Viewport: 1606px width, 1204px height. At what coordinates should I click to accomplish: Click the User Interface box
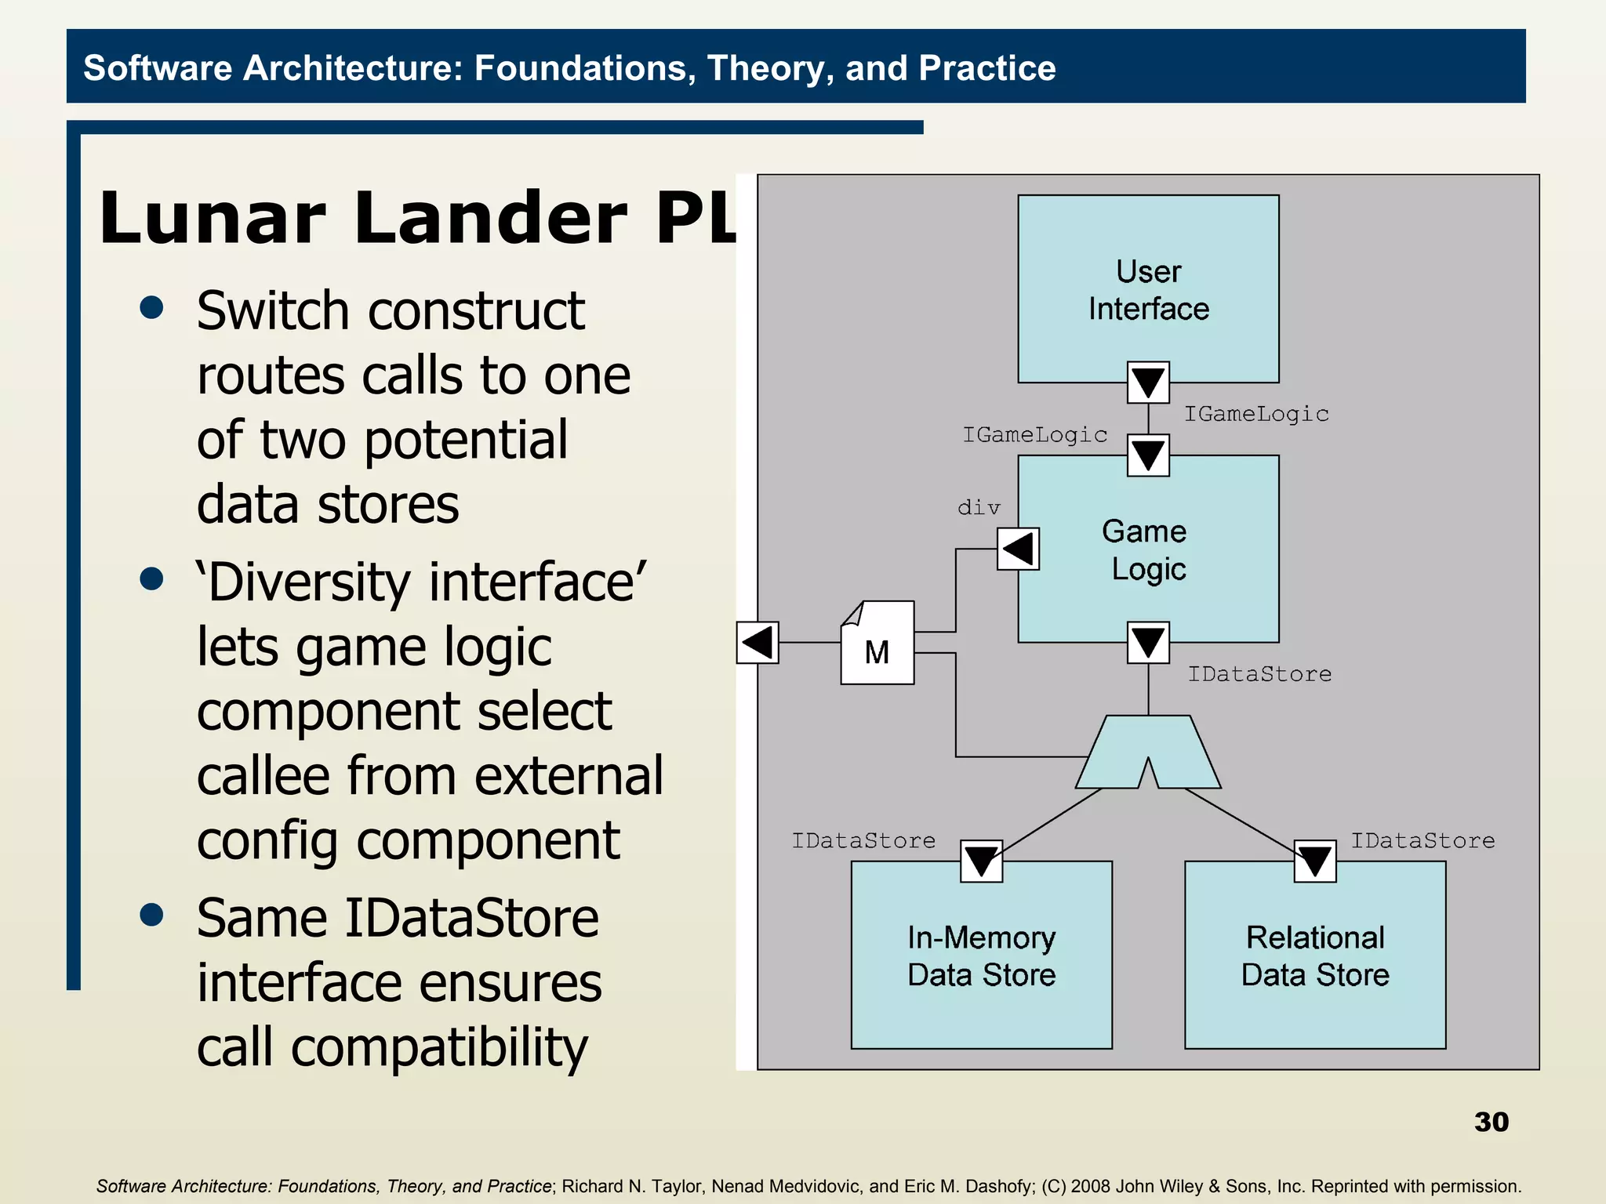tap(1147, 289)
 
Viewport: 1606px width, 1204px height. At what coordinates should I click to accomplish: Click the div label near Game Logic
tap(979, 508)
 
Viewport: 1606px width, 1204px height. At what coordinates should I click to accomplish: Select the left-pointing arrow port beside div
tap(1018, 548)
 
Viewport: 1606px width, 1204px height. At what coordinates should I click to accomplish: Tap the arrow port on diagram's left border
tap(758, 643)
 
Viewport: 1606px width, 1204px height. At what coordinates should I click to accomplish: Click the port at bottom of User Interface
tap(1148, 383)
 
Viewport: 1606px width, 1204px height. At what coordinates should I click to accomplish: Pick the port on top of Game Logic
tap(1148, 455)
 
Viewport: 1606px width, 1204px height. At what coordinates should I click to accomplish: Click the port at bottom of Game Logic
tap(1148, 643)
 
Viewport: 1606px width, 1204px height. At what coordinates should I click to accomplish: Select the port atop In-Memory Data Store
tap(981, 861)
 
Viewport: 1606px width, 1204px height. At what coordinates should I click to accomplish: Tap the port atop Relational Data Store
tap(1315, 861)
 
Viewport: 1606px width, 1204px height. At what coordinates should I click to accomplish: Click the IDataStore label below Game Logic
tap(1259, 674)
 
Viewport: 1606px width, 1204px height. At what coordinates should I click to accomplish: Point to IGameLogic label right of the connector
tap(1256, 414)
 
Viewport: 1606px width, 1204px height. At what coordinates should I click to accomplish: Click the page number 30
tap(1491, 1122)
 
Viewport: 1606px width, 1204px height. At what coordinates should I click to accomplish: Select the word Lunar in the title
tap(213, 219)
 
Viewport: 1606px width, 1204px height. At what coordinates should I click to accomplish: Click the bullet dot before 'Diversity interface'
tap(151, 579)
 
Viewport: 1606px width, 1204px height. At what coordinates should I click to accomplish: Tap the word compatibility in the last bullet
tap(439, 1048)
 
